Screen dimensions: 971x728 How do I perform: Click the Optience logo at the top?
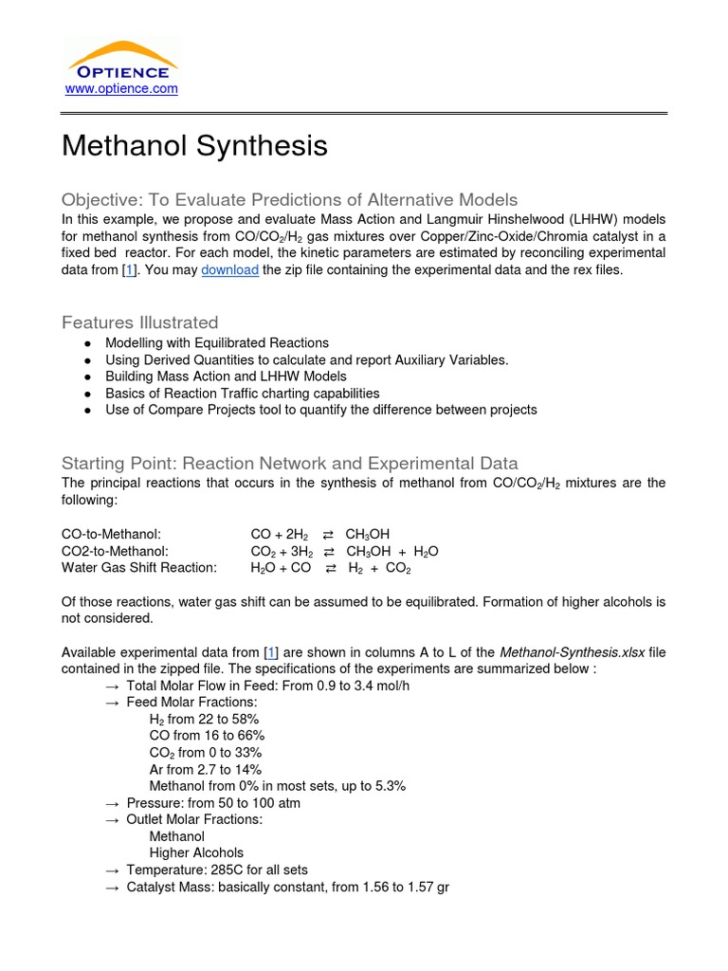click(x=119, y=60)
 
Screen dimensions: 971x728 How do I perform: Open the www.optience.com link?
click(x=120, y=89)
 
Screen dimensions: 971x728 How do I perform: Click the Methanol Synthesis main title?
click(x=194, y=146)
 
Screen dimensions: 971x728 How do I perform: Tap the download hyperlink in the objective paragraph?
click(x=229, y=270)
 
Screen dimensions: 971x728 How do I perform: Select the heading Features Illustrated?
click(x=139, y=322)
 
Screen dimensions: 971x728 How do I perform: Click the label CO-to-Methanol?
click(x=118, y=534)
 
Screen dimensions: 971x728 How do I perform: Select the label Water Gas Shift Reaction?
click(x=139, y=568)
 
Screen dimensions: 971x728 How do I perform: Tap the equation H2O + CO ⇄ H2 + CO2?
click(x=331, y=568)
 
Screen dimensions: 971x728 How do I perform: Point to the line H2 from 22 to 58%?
click(x=204, y=719)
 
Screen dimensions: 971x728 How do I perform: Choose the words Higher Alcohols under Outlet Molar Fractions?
click(x=196, y=852)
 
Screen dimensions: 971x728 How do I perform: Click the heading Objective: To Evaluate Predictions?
click(x=289, y=199)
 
